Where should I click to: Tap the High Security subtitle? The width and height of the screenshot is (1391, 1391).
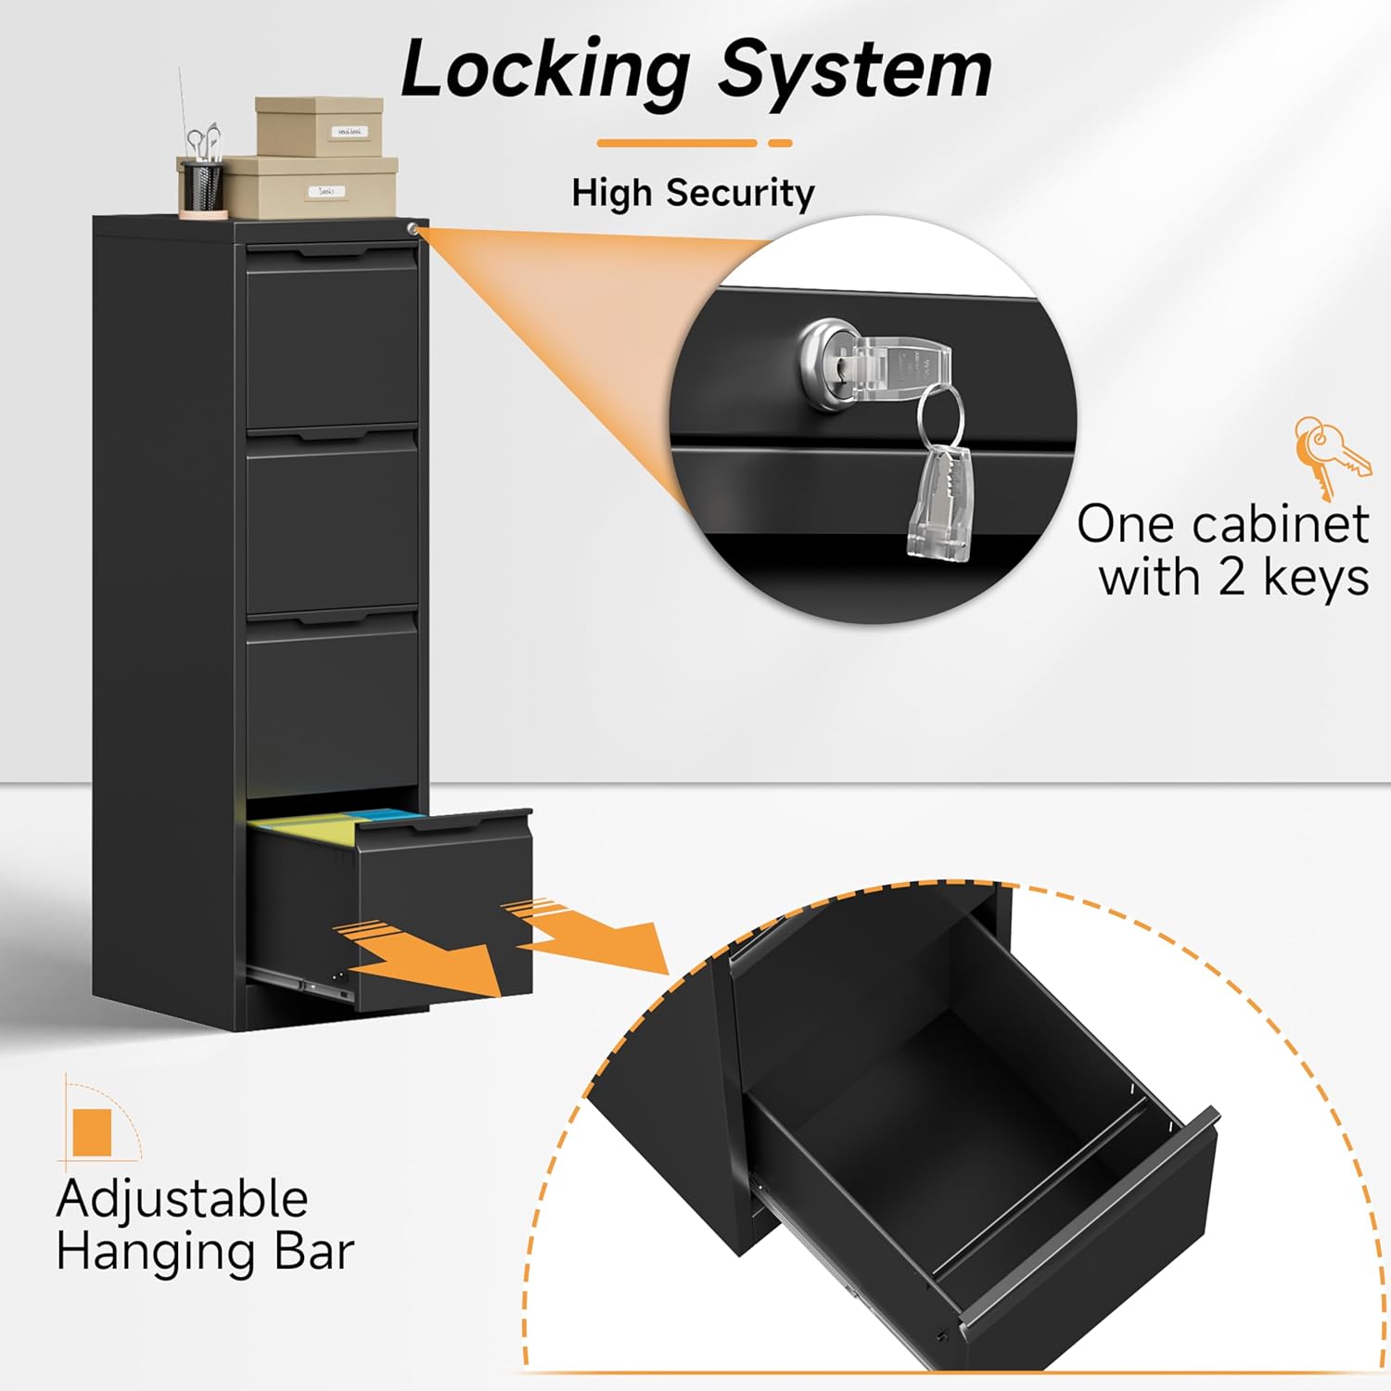693,193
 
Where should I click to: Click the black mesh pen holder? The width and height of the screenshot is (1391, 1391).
201,185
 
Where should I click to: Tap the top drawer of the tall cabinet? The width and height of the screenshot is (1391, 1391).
332,343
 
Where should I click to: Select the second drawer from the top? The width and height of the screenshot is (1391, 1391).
332,524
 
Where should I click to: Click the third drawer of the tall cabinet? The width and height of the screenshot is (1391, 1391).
332,705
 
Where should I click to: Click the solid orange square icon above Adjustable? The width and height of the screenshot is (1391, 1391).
92,1131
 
